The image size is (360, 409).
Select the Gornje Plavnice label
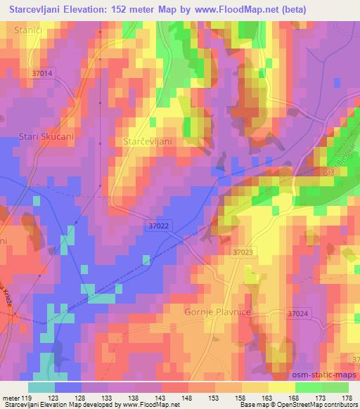[217, 311]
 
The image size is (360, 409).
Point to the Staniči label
[28, 30]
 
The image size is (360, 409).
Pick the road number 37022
[159, 226]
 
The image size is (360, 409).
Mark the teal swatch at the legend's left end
[41, 387]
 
